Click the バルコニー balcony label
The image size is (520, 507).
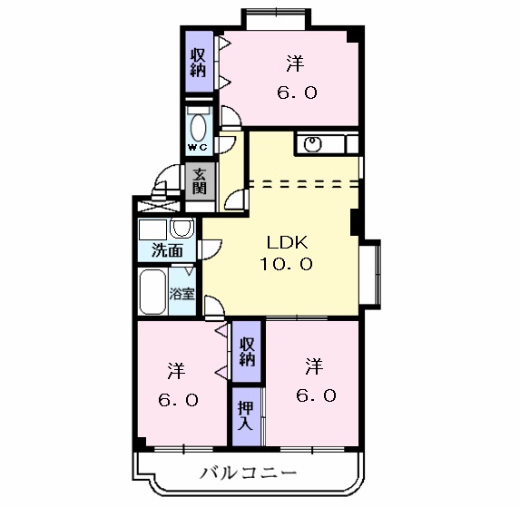click(248, 473)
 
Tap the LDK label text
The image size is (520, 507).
click(289, 243)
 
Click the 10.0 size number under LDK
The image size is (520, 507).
click(289, 264)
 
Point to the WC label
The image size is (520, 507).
click(197, 147)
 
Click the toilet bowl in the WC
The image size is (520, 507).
click(198, 125)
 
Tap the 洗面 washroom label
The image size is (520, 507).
click(166, 251)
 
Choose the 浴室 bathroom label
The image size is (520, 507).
click(182, 293)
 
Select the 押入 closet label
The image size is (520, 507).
click(245, 414)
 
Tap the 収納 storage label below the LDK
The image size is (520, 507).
click(247, 350)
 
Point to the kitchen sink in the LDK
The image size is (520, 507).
click(313, 143)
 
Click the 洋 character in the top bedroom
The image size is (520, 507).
click(296, 63)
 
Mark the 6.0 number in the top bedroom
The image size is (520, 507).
click(297, 93)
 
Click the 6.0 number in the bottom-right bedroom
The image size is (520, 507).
click(316, 395)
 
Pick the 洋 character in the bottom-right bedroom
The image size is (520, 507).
click(314, 366)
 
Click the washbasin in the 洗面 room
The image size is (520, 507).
click(182, 228)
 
